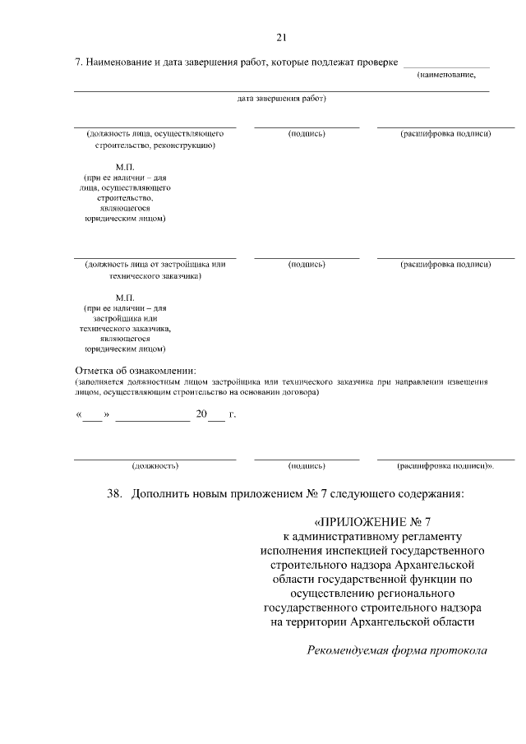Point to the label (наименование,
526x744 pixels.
[x=446, y=75]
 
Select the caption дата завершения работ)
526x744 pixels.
[x=282, y=99]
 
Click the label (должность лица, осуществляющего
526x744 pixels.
[x=155, y=133]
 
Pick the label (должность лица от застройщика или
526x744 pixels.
[x=155, y=265]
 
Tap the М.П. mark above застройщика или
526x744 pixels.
[x=125, y=297]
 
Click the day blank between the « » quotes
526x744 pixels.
[x=92, y=414]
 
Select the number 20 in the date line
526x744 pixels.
[x=202, y=414]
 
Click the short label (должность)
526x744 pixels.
[x=155, y=465]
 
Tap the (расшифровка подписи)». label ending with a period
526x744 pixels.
[x=446, y=465]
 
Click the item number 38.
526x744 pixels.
[x=114, y=495]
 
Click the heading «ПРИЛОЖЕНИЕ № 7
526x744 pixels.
[x=372, y=521]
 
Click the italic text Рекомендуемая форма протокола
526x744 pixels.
[x=397, y=650]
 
